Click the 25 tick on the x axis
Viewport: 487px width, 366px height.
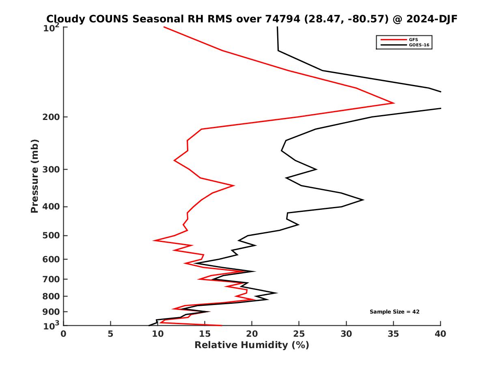299,334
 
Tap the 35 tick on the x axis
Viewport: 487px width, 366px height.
393,334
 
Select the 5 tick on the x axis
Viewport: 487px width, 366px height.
110,334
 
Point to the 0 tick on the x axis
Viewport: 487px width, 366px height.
63,334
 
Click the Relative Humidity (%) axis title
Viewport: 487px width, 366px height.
252,345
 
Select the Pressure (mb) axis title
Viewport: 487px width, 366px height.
34,176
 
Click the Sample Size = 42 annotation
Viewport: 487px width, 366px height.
394,312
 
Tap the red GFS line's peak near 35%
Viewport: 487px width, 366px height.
394,103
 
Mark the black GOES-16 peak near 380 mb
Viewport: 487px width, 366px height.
363,200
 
